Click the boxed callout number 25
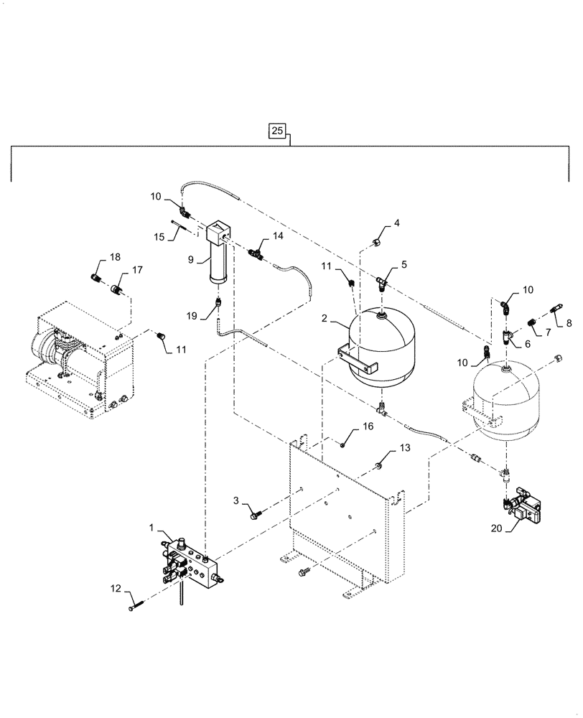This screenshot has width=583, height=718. tap(278, 131)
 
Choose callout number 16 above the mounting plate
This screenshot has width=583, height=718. tap(368, 426)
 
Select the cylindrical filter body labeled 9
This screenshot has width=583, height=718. tap(217, 262)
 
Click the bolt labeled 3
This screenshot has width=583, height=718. tap(255, 512)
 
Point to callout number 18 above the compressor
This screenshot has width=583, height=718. tap(114, 258)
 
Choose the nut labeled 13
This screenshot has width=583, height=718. tap(376, 467)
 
